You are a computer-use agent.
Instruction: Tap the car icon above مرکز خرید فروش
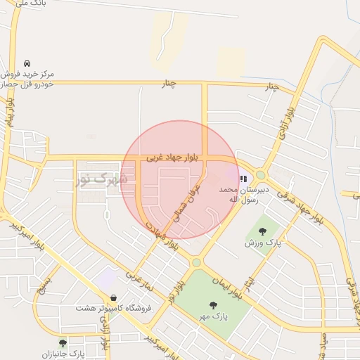(x=27, y=63)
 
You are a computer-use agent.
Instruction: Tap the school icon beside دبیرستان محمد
(x=243, y=179)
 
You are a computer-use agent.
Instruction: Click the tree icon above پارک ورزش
(x=262, y=231)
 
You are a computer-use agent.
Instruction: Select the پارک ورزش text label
(x=262, y=243)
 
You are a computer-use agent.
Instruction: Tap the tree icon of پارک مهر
(x=213, y=305)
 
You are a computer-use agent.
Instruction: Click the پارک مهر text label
(x=213, y=316)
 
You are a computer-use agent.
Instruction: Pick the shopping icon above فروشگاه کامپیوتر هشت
(x=113, y=297)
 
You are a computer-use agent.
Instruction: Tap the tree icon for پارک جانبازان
(x=63, y=343)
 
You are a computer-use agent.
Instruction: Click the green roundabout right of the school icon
(x=261, y=174)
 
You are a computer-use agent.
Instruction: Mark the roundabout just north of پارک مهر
(x=196, y=262)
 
